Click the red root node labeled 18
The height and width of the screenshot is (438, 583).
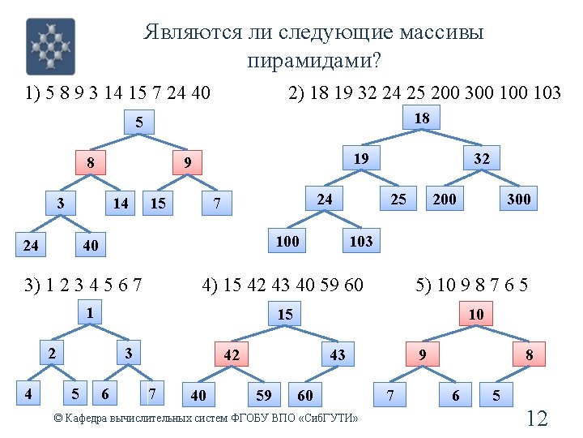pos(422,118)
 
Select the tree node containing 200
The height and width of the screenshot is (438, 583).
pos(444,198)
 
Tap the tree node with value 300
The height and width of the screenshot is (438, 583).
pos(518,198)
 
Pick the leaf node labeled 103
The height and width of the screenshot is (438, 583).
pos(360,240)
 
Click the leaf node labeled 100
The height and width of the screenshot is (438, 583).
pos(287,240)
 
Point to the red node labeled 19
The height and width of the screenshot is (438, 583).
pos(360,158)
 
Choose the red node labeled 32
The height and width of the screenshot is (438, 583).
pos(482,158)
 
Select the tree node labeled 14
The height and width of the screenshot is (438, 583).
pos(121,203)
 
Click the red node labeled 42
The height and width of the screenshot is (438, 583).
pos(232,354)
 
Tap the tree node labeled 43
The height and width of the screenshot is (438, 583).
pos(338,354)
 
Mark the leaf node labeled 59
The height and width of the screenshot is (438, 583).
pos(264,396)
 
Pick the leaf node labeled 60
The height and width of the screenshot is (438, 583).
pos(305,396)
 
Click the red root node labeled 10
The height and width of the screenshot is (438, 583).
pos(476,314)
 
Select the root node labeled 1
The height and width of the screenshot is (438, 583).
pos(91,312)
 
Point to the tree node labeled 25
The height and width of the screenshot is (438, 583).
pos(398,198)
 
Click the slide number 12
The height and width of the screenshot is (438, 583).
pos(537,419)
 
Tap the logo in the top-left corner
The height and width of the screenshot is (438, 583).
pos(50,46)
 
